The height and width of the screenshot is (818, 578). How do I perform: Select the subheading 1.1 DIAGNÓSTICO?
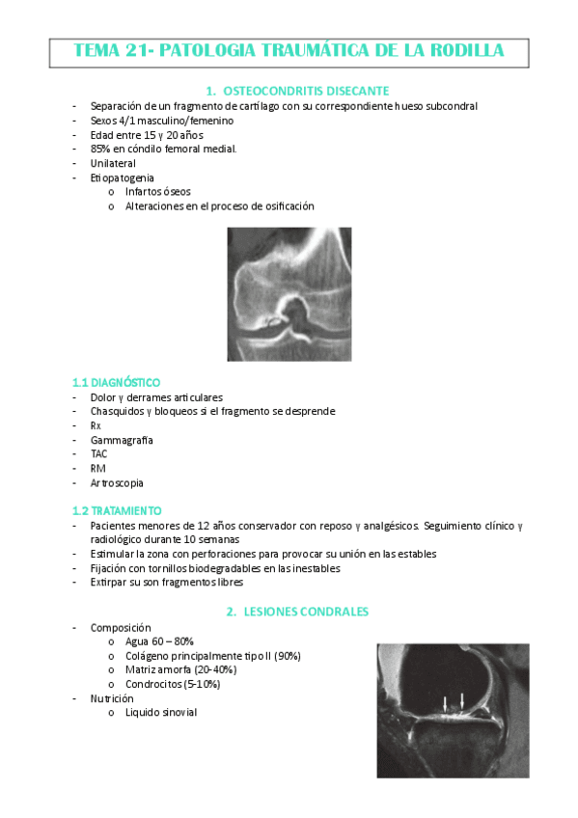point(116,382)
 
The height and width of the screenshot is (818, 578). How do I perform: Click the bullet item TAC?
point(99,454)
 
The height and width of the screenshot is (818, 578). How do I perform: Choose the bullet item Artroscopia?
point(117,483)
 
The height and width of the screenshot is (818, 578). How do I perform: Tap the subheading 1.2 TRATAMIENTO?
point(117,510)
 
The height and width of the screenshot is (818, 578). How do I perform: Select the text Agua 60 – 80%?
point(159,641)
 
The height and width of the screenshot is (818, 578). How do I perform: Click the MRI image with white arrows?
point(453,710)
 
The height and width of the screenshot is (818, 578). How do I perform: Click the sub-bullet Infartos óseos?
point(157,191)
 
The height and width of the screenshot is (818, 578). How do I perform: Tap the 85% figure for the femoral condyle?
point(100,149)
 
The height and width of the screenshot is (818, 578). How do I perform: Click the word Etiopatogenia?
point(122,177)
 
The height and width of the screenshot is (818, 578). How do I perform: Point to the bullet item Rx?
point(96,425)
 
